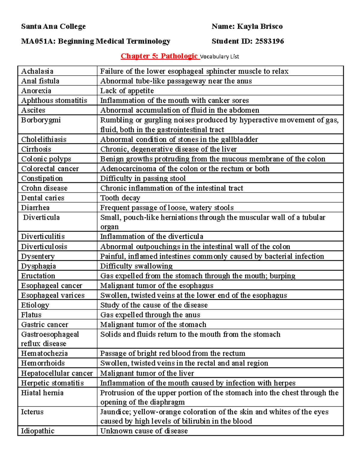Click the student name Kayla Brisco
[260, 26]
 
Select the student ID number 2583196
[269, 41]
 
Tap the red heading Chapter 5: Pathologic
[159, 56]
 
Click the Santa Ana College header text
[53, 26]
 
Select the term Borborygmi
[41, 120]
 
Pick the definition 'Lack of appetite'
[127, 91]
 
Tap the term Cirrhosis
[36, 149]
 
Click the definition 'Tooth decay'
[120, 198]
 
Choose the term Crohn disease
[44, 188]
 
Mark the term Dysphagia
[38, 266]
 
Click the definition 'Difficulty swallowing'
[136, 266]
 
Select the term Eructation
[38, 276]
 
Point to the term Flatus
[31, 315]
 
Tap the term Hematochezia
[44, 353]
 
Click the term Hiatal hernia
[42, 393]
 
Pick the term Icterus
[32, 412]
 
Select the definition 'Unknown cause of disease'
[144, 431]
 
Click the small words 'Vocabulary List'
[220, 56]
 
